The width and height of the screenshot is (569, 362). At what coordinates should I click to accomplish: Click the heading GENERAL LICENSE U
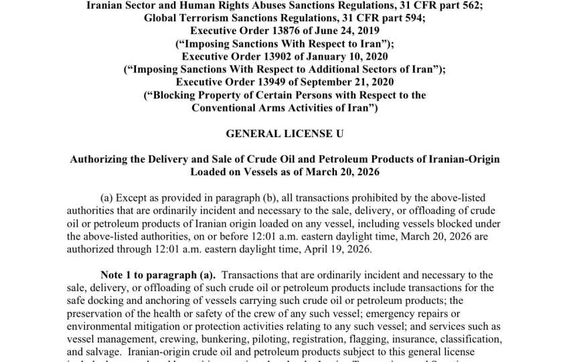284,134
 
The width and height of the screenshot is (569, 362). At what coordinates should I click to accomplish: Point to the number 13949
268,82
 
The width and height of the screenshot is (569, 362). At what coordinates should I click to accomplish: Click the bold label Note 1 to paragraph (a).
158,275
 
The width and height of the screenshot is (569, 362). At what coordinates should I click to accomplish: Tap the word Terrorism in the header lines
201,18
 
